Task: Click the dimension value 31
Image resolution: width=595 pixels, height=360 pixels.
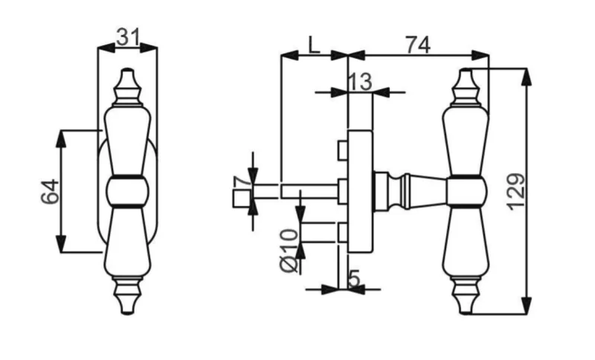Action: [x=128, y=37]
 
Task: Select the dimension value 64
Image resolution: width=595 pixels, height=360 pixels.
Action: [x=50, y=192]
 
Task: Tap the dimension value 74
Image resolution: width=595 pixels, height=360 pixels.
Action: [x=418, y=45]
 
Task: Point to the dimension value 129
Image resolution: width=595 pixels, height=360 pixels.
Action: [x=516, y=192]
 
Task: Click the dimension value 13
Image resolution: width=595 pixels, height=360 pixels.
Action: [x=360, y=82]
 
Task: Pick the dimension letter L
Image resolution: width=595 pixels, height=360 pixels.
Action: [x=313, y=45]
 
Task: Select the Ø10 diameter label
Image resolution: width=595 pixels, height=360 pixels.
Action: [x=289, y=251]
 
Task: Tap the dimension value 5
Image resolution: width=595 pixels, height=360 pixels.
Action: [x=353, y=279]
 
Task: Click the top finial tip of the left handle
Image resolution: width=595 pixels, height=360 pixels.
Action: [x=127, y=70]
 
